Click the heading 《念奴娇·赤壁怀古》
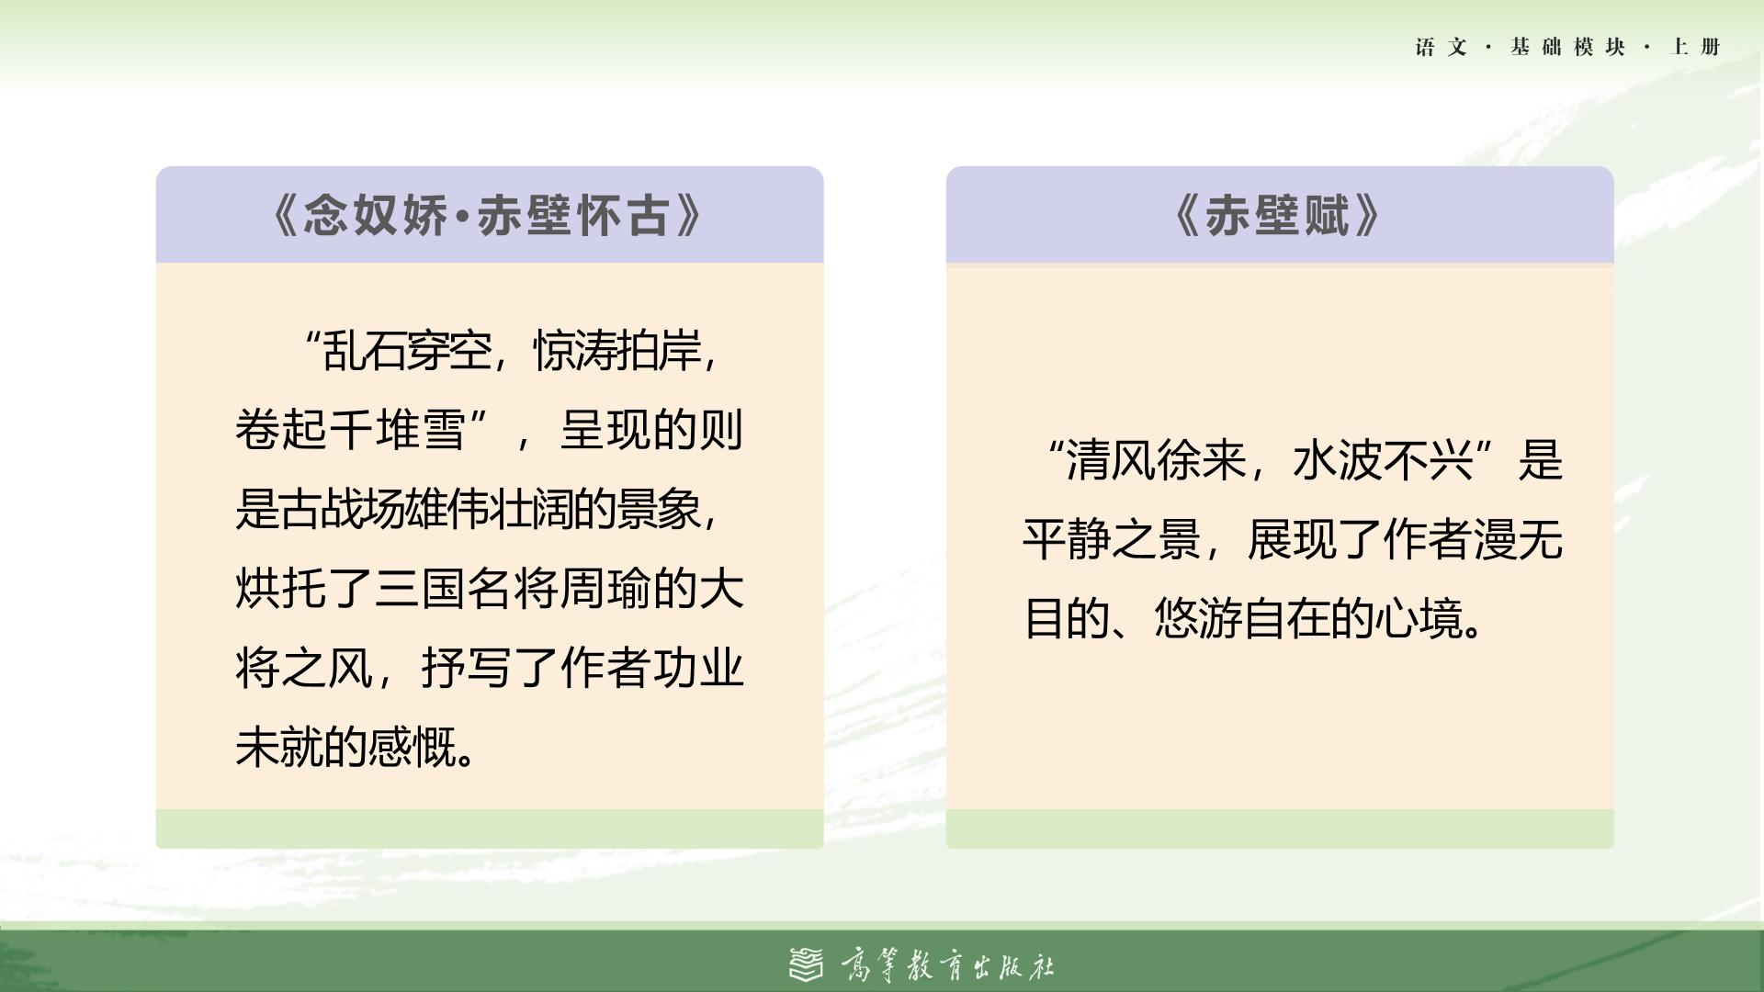(x=489, y=216)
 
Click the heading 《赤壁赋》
(x=1279, y=216)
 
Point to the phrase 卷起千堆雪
(x=350, y=429)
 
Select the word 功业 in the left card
(x=698, y=668)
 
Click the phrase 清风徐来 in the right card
(x=1156, y=460)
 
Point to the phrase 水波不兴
(x=1383, y=460)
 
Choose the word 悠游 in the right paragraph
(x=1198, y=619)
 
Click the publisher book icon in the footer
(x=807, y=964)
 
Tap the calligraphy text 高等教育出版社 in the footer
(x=947, y=965)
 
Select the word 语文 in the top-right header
(x=1441, y=47)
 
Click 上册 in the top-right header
(x=1695, y=47)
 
